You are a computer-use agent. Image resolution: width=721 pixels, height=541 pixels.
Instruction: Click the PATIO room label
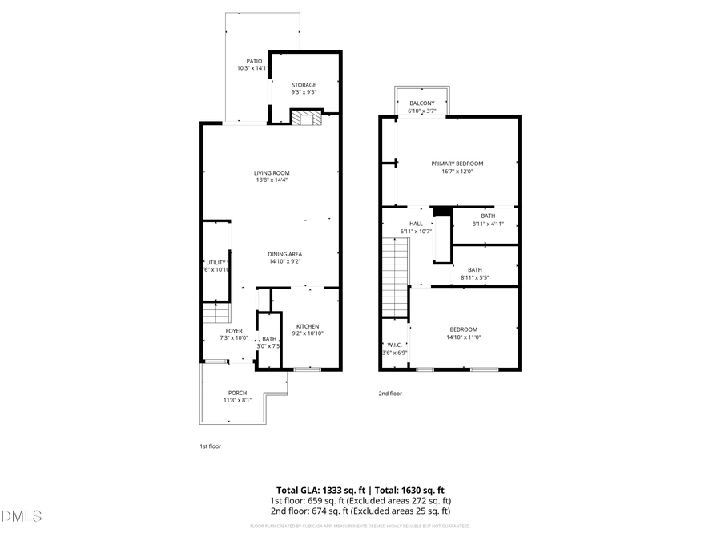click(x=254, y=61)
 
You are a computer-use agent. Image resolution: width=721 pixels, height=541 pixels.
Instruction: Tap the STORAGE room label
click(x=304, y=85)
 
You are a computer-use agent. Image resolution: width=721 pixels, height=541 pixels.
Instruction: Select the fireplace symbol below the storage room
click(x=304, y=119)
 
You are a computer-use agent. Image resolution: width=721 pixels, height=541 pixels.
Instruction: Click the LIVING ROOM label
click(x=272, y=173)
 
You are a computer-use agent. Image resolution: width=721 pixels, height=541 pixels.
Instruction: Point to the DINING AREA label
click(x=284, y=255)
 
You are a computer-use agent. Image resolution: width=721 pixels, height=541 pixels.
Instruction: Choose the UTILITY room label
click(x=216, y=262)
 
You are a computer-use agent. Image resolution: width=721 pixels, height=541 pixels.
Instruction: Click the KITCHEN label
click(x=308, y=326)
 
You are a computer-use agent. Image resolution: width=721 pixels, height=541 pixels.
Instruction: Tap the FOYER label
click(x=234, y=331)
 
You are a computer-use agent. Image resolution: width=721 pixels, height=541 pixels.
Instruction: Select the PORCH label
click(x=237, y=393)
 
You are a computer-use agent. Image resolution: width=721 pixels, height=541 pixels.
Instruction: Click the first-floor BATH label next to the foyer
click(x=269, y=340)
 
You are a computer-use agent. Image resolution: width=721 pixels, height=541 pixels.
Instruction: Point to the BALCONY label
click(x=422, y=103)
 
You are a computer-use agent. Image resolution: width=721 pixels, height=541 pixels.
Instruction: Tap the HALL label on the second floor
click(x=416, y=224)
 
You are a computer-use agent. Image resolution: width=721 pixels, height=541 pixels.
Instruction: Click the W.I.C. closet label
click(x=394, y=345)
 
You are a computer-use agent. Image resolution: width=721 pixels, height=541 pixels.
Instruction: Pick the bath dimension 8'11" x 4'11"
click(x=488, y=224)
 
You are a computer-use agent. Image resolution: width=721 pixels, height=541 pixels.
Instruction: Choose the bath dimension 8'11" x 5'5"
click(x=475, y=278)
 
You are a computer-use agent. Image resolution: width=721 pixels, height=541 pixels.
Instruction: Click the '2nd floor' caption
click(x=390, y=394)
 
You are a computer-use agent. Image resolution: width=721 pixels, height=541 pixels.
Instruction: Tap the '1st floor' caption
click(x=210, y=446)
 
